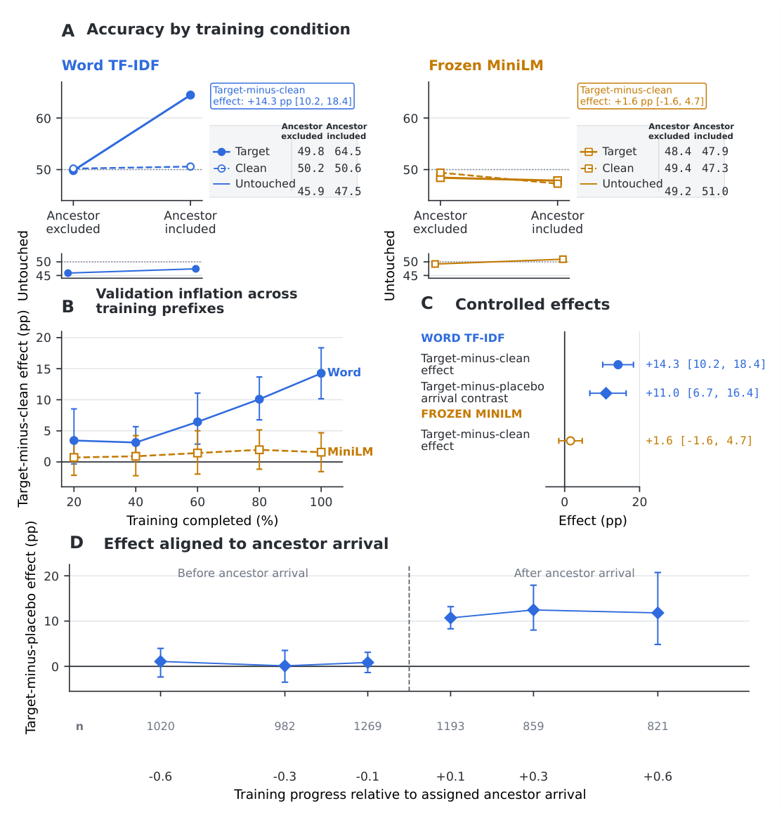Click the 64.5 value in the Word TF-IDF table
click(348, 151)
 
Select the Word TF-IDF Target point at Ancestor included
click(190, 95)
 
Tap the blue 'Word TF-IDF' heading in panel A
click(110, 65)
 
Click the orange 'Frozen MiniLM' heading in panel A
click(486, 65)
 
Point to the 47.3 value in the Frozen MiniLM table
click(715, 168)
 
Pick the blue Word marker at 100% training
click(321, 373)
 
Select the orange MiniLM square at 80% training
click(259, 449)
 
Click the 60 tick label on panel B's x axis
click(197, 502)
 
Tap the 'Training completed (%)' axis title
click(202, 521)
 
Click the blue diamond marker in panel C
click(606, 394)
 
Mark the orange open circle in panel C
click(570, 441)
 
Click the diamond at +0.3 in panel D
click(533, 610)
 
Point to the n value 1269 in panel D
click(367, 726)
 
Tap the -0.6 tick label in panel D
click(160, 776)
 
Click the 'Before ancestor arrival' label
click(243, 573)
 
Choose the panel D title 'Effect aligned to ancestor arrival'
click(246, 543)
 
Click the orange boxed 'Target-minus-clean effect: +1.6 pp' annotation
click(642, 95)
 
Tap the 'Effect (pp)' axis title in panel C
click(592, 521)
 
